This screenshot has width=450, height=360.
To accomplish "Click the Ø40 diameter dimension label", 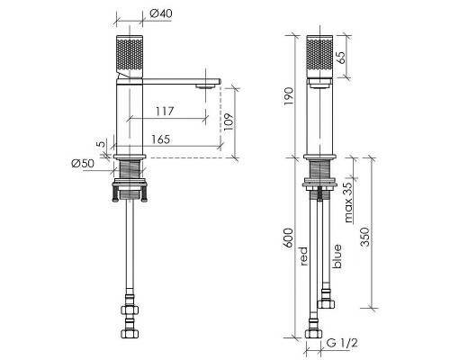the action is pyautogui.click(x=161, y=13).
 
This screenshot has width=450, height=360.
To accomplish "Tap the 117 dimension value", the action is pyautogui.click(x=165, y=112).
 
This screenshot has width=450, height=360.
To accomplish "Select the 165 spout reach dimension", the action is pyautogui.click(x=160, y=139).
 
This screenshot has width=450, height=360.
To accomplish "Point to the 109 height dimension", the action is pyautogui.click(x=229, y=121).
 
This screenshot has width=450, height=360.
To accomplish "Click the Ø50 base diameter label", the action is pyautogui.click(x=83, y=163).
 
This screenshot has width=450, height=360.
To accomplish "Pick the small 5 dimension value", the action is pyautogui.click(x=102, y=144).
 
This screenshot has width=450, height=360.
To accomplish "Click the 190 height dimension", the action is pyautogui.click(x=288, y=96).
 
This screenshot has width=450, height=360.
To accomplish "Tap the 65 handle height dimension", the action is pyautogui.click(x=340, y=58).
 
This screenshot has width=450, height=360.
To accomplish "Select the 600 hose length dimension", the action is pyautogui.click(x=288, y=238).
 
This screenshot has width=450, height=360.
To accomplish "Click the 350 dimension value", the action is pyautogui.click(x=364, y=237).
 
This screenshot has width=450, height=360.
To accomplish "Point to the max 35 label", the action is pyautogui.click(x=348, y=202).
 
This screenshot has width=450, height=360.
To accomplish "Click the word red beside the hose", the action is pyautogui.click(x=304, y=256).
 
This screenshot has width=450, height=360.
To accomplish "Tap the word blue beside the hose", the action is pyautogui.click(x=337, y=256).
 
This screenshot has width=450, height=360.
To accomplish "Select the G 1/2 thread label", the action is pyautogui.click(x=342, y=343).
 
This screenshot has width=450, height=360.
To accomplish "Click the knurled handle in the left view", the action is pyautogui.click(x=130, y=58).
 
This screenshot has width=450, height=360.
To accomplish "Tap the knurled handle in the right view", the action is pyautogui.click(x=319, y=57).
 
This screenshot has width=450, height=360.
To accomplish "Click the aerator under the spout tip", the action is pyautogui.click(x=205, y=86).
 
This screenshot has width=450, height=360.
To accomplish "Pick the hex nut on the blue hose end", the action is pyautogui.click(x=326, y=304).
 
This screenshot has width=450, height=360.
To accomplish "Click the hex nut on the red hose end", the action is pyautogui.click(x=313, y=334).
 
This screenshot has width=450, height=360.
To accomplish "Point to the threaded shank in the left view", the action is pyautogui.click(x=130, y=169).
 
